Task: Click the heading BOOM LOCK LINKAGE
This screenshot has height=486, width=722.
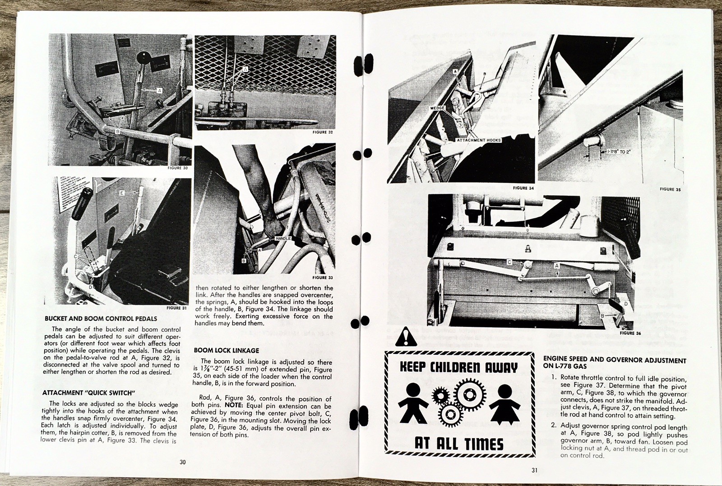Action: tap(227, 350)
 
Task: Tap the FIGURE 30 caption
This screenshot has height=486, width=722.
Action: tap(177, 168)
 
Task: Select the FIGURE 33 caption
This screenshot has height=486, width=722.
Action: tap(322, 278)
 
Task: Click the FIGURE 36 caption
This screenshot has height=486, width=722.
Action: tap(630, 333)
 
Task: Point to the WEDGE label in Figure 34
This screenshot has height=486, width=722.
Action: tap(438, 108)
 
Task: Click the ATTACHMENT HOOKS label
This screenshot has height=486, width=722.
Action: tap(479, 140)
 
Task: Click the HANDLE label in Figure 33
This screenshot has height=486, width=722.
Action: tap(283, 238)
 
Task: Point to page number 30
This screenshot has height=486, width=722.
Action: tap(182, 462)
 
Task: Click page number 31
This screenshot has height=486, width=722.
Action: tap(534, 470)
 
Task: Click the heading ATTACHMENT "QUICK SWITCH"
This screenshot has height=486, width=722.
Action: tap(89, 393)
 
